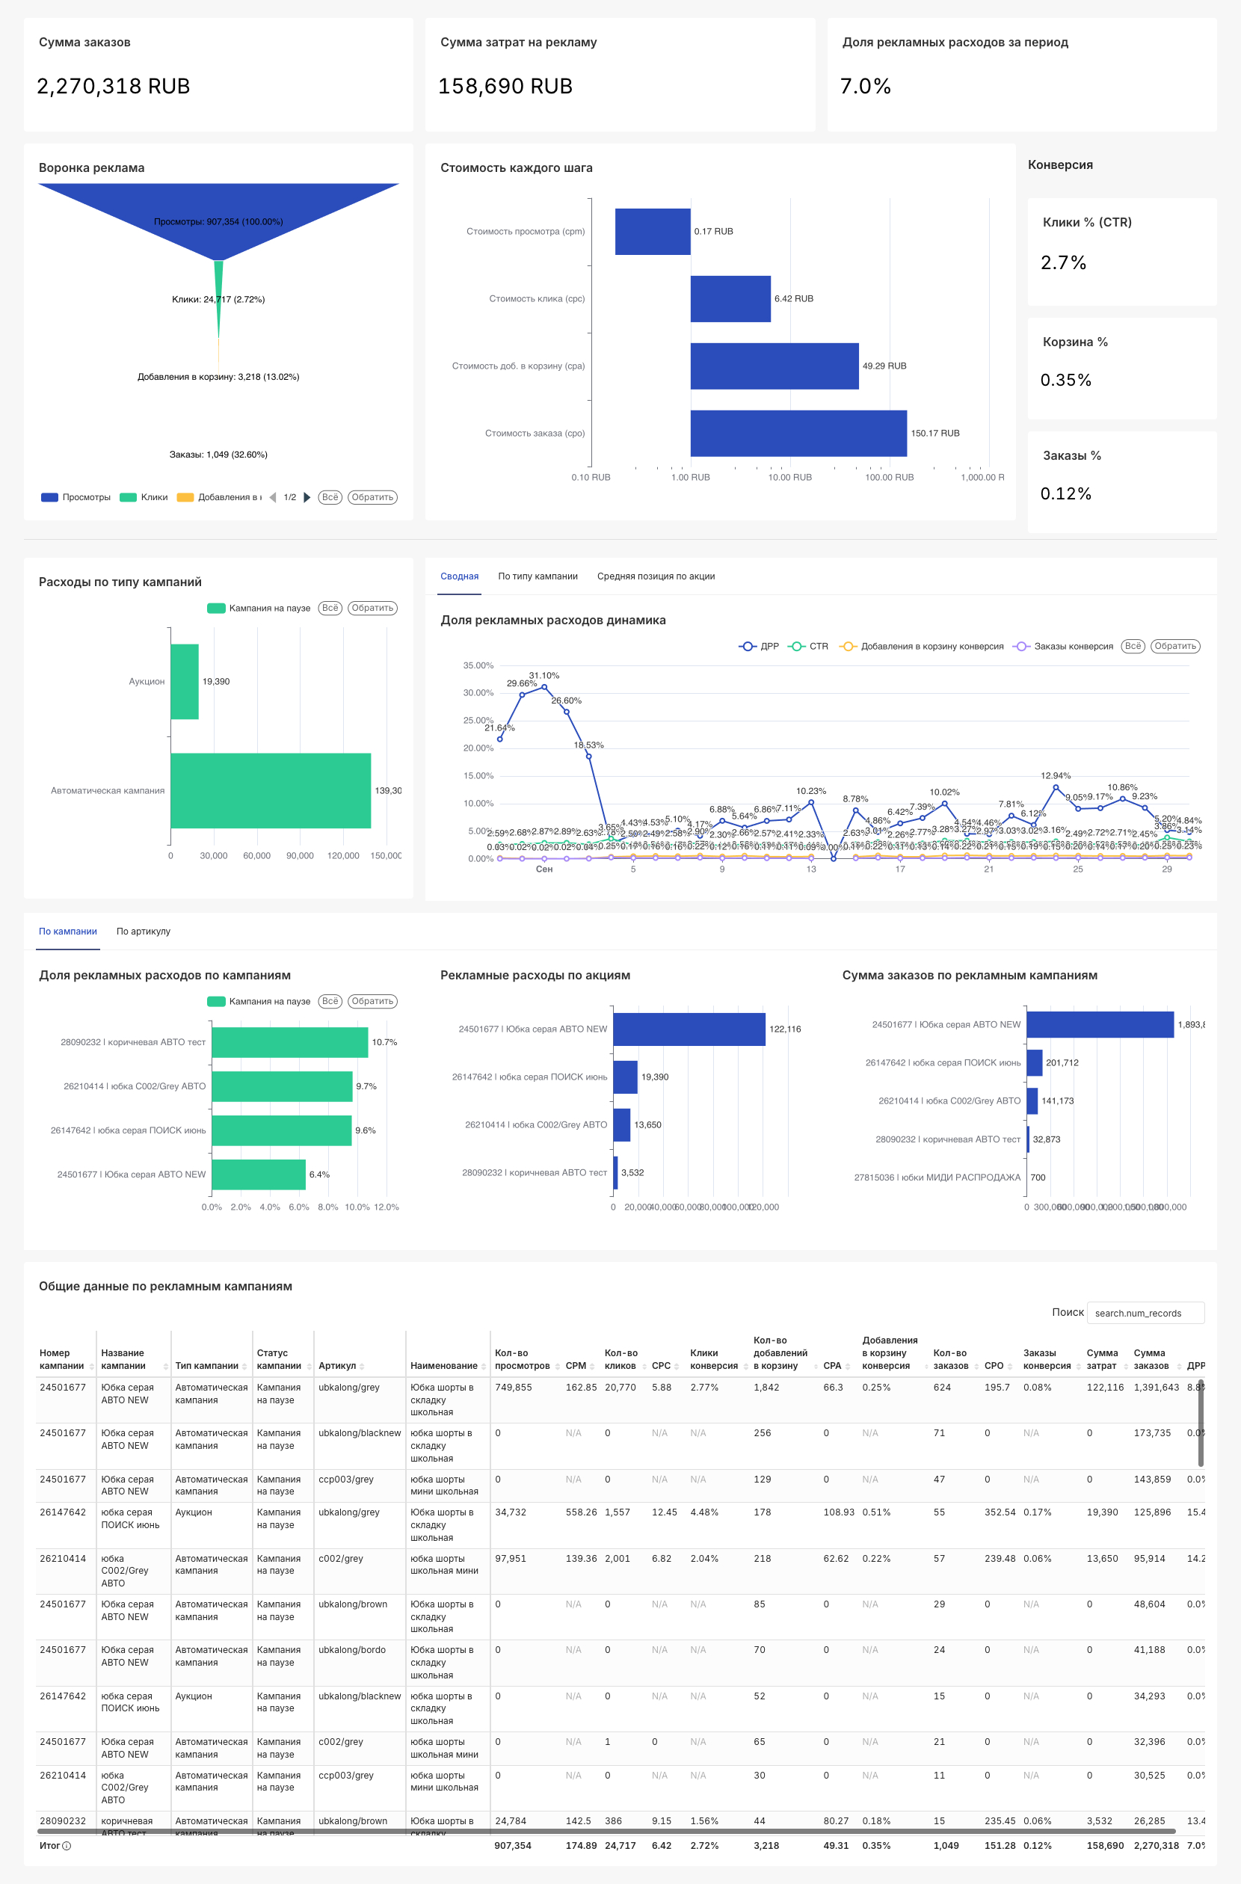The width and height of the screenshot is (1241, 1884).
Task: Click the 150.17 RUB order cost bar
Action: coord(798,433)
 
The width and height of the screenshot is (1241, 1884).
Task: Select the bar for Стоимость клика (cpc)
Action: coord(730,298)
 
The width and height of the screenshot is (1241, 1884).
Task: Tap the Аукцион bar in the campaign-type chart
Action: coord(185,682)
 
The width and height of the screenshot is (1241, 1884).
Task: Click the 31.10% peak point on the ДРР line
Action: coord(543,687)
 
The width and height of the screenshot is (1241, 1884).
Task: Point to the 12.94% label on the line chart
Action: coord(1055,776)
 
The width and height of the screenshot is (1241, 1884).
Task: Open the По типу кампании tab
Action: coord(538,576)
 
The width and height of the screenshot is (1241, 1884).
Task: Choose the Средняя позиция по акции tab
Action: coord(656,576)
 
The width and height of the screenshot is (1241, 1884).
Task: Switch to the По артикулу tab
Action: coord(144,931)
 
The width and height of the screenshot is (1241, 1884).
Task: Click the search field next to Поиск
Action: coord(1145,1313)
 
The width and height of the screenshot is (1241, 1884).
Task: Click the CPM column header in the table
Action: coord(576,1365)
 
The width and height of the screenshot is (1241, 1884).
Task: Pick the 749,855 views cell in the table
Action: coord(513,1387)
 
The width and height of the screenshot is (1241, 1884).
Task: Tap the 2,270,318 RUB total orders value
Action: coord(113,86)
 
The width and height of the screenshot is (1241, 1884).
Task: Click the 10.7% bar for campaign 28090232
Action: coord(289,1041)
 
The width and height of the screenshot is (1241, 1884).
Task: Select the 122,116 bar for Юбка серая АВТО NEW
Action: coord(689,1029)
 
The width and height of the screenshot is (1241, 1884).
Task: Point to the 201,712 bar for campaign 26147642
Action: coord(1034,1062)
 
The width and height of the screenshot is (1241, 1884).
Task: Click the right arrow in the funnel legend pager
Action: coord(307,497)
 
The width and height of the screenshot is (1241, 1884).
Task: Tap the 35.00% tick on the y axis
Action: coord(478,665)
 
